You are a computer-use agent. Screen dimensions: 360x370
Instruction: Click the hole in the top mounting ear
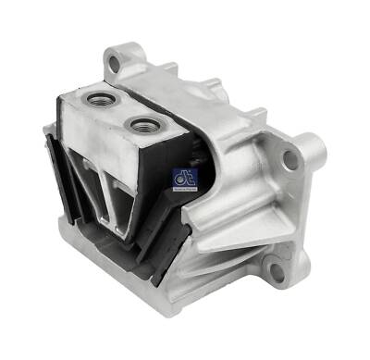click(115, 64)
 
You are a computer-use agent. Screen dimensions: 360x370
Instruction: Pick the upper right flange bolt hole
click(290, 159)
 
